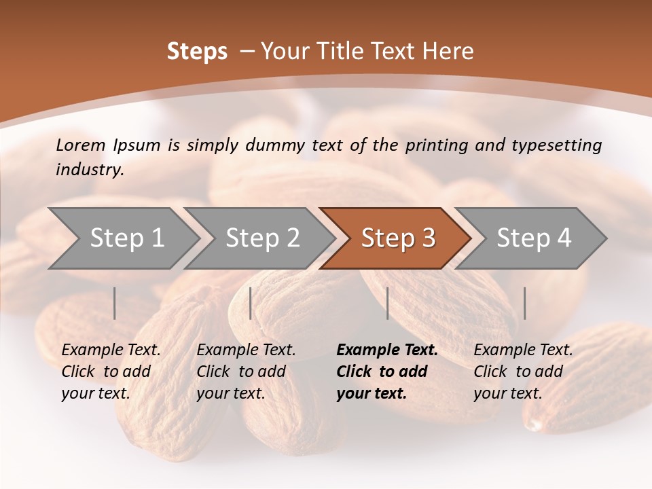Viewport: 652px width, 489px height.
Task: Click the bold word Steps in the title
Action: (197, 52)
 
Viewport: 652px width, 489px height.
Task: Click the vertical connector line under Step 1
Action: (115, 303)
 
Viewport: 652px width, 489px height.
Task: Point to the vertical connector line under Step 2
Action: (251, 303)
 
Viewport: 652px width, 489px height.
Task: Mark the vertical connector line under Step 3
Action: (387, 303)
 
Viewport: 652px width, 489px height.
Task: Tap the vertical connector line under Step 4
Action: (524, 303)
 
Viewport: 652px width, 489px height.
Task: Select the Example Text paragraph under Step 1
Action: (110, 372)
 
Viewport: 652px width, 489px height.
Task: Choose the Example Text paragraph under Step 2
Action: (245, 372)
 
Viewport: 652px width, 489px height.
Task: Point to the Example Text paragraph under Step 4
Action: (522, 372)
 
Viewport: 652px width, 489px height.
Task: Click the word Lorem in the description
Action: (81, 145)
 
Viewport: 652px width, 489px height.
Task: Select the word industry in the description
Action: (89, 170)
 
